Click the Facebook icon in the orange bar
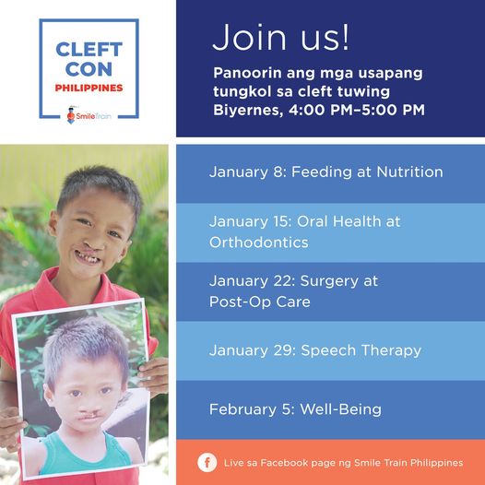click(207, 463)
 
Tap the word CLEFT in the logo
click(89, 50)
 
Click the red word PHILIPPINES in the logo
click(89, 88)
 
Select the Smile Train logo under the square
click(89, 115)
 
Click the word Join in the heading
click(250, 37)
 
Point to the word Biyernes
click(248, 111)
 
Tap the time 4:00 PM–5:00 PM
click(357, 110)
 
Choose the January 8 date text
click(248, 172)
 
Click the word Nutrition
click(409, 172)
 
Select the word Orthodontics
click(259, 243)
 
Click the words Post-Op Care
click(260, 302)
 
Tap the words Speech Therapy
click(361, 350)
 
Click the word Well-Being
click(341, 409)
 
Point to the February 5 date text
click(252, 409)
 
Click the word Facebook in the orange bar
click(284, 463)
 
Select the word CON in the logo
click(89, 69)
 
